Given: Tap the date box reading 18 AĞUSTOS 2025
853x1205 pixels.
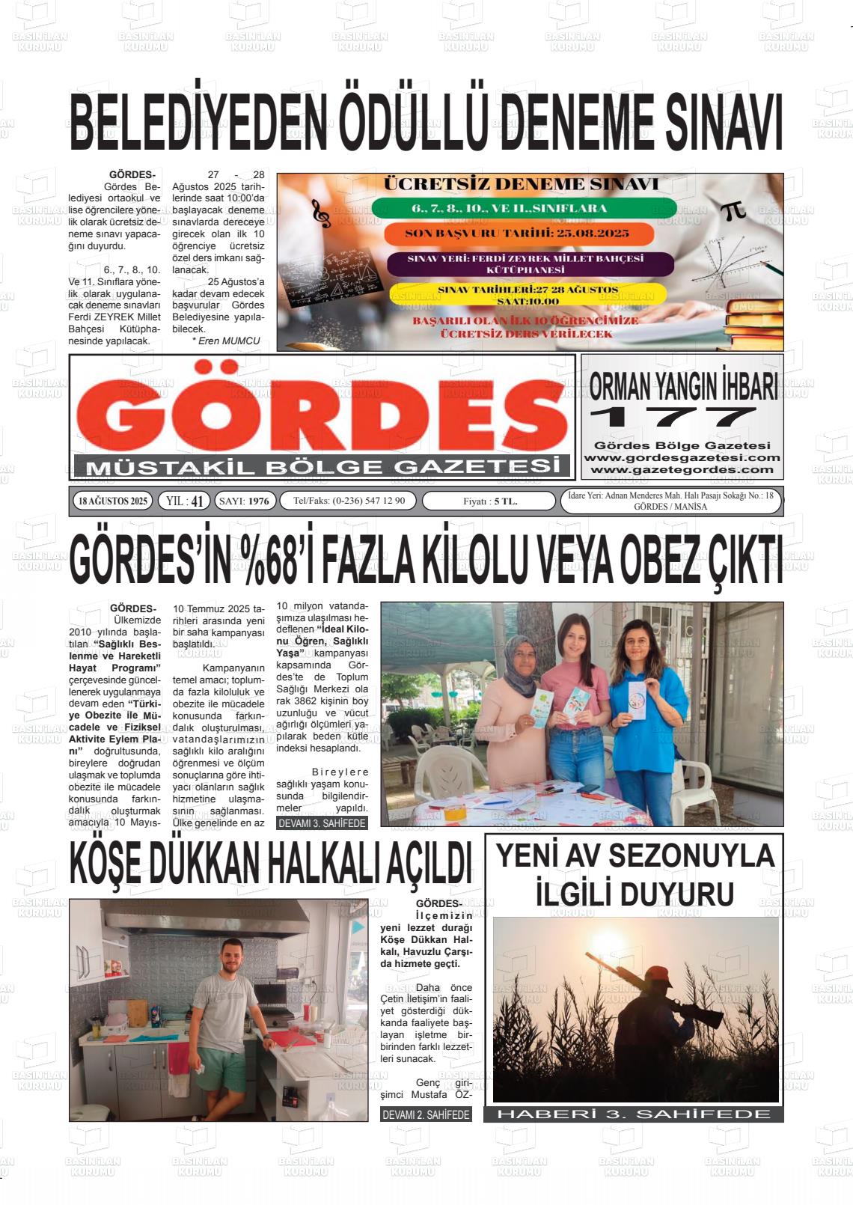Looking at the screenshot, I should point(113,501).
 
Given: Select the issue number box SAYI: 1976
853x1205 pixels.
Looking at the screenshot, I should point(245,501).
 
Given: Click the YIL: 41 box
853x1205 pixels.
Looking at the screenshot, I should point(184,501).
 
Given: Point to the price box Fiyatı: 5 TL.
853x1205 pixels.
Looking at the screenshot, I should point(490,501).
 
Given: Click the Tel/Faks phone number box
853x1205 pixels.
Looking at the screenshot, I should point(349,501).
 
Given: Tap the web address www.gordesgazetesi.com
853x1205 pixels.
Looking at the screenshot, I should point(682,457).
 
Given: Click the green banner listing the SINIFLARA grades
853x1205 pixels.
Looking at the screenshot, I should point(523,208).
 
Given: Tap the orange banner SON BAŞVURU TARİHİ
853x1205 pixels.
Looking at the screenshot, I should point(518,233).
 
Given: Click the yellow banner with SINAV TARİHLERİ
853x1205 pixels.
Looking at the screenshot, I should point(528,294).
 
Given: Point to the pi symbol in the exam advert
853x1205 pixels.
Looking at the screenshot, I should point(733,211).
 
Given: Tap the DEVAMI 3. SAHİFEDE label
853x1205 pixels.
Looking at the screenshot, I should point(322,823).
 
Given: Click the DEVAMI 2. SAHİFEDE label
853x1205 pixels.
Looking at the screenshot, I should point(426,1114).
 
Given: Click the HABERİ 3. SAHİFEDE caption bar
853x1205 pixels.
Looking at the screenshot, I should point(634,1114).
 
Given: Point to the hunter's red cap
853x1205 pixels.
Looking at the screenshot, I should point(658,973).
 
